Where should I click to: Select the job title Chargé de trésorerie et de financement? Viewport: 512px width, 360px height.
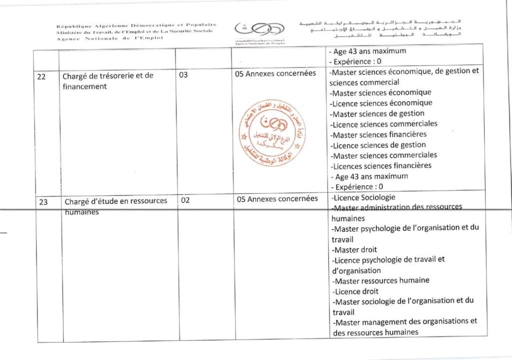107,81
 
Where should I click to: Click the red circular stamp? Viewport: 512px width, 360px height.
270,132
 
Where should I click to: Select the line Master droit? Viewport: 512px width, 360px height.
355,249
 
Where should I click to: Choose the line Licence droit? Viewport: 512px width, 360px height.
355,291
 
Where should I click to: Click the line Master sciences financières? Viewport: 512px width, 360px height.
378,134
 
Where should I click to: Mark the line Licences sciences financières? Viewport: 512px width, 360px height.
381,165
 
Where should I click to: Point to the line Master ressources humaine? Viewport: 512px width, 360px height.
381,280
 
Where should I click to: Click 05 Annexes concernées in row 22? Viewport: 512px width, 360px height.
275,73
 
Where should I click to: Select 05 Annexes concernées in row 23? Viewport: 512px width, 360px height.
277,199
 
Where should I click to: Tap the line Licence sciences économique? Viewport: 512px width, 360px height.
381,103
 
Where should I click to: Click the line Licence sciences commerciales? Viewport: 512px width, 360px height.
383,124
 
